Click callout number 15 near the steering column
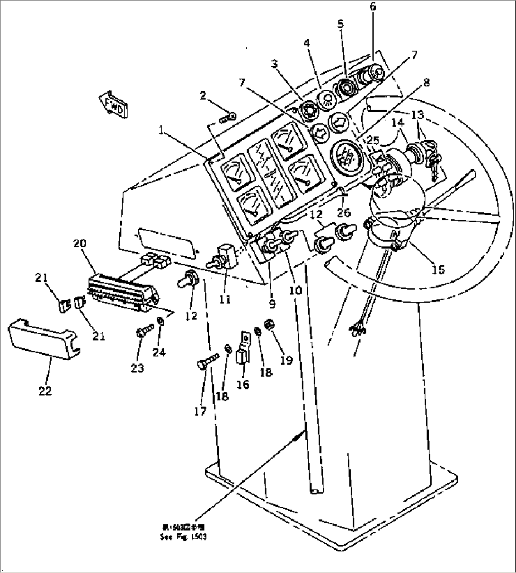tap(438, 269)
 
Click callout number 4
tap(307, 43)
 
